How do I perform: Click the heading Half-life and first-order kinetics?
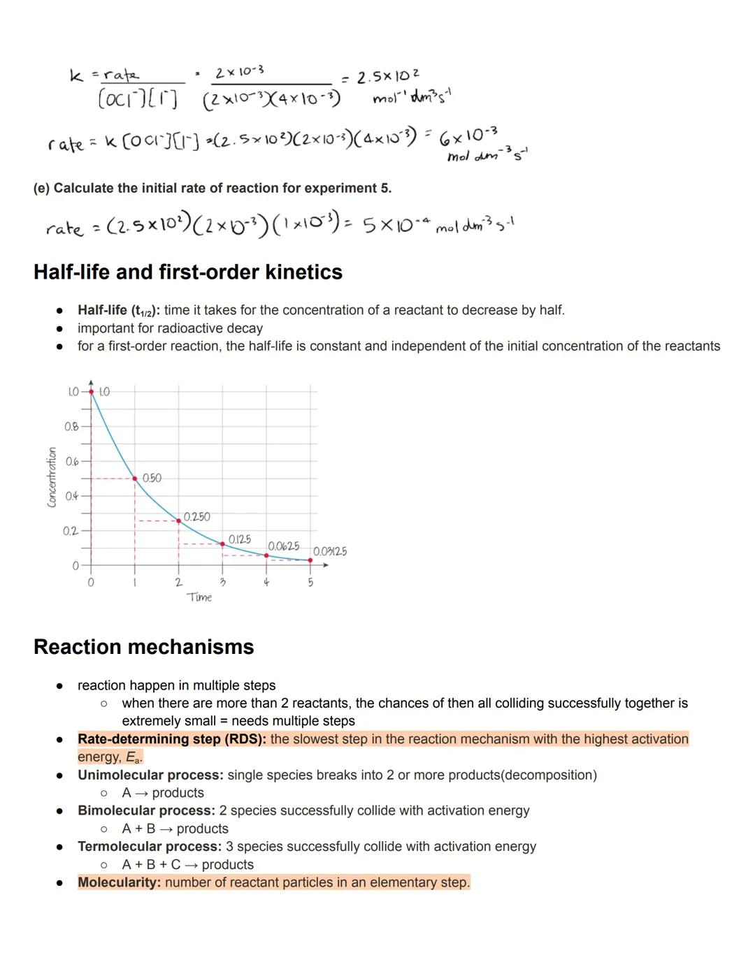(x=187, y=272)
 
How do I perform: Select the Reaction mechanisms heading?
(x=143, y=646)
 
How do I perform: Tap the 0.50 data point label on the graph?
(x=152, y=478)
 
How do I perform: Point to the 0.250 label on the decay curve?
(x=196, y=516)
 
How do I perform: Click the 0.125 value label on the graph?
(x=239, y=539)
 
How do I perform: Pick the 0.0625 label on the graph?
(x=283, y=546)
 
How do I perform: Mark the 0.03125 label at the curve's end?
(x=329, y=551)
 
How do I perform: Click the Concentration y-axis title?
(x=52, y=477)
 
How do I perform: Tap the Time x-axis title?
(x=199, y=597)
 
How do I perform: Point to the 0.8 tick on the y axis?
(x=71, y=426)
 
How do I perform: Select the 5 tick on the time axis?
(x=310, y=582)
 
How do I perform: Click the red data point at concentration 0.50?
(x=135, y=479)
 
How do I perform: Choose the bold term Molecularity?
(x=119, y=882)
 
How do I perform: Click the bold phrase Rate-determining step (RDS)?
(x=171, y=739)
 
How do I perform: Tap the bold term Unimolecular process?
(x=150, y=775)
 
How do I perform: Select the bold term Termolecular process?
(x=149, y=847)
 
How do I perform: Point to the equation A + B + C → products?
(x=187, y=864)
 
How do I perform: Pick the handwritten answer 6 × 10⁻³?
(x=468, y=135)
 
